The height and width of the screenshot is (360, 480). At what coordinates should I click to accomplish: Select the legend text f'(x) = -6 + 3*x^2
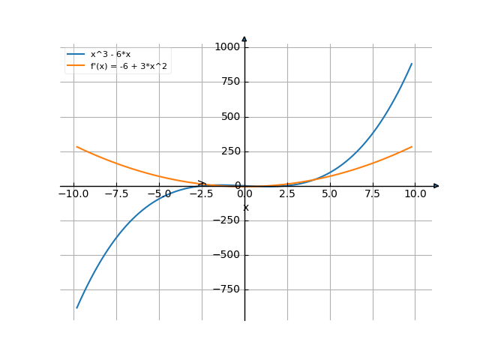128,66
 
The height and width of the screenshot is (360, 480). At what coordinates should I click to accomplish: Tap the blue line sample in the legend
76,54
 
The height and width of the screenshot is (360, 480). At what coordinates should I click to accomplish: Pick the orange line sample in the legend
76,66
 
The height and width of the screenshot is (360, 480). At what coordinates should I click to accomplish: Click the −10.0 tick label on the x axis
73,194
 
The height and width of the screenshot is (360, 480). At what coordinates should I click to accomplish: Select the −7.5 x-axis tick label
116,194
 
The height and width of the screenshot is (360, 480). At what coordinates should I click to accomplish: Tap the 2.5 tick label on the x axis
287,194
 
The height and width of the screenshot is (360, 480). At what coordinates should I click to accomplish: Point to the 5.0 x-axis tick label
330,194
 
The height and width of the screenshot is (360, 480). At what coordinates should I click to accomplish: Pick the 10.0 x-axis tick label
415,194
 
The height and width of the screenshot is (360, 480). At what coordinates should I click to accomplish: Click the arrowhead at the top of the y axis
244,39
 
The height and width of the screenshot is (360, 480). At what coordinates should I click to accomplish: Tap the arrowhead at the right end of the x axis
436,185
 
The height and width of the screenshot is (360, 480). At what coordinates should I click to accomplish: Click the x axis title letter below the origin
245,207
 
